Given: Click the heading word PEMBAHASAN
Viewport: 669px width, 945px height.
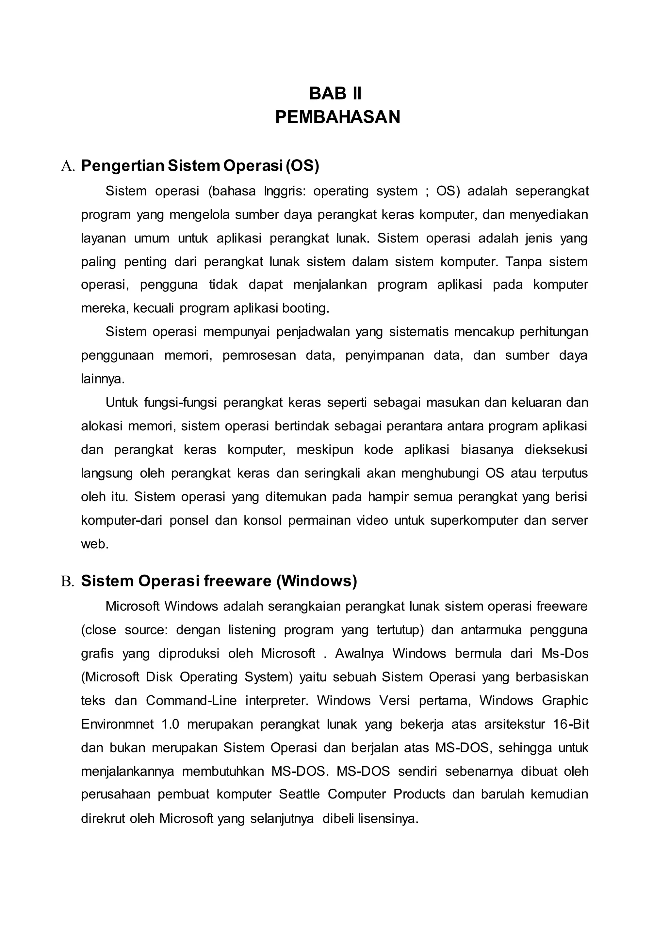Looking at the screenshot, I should [x=337, y=117].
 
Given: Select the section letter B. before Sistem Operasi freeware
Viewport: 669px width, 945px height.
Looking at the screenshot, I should [x=68, y=581].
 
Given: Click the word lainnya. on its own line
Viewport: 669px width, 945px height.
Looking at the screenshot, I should [x=103, y=379].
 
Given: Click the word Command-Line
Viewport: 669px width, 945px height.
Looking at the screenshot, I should [x=191, y=701].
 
